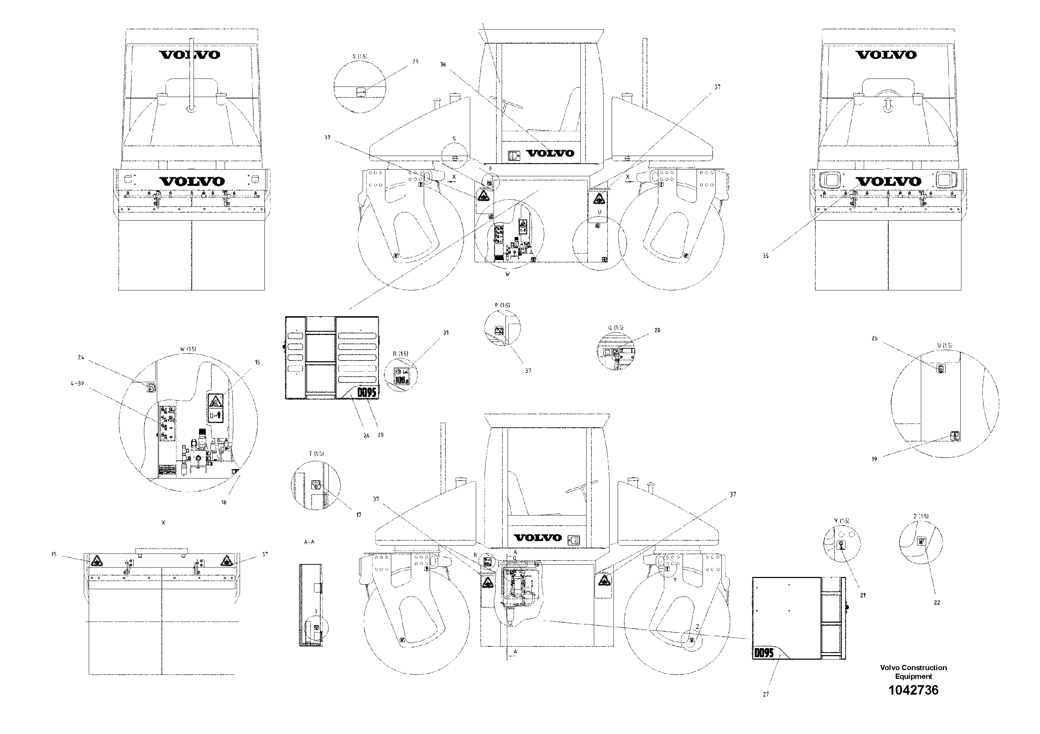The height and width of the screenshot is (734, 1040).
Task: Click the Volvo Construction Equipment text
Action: click(x=913, y=672)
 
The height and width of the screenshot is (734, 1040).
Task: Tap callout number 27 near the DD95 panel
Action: click(x=765, y=694)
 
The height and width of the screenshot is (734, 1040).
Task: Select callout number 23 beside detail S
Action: click(x=415, y=61)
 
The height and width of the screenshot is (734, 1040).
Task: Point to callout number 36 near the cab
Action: click(x=443, y=65)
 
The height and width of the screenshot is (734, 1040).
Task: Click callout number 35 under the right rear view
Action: click(x=765, y=256)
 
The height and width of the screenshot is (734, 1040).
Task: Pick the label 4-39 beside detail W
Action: click(x=77, y=383)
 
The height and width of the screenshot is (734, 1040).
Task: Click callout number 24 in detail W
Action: click(x=81, y=357)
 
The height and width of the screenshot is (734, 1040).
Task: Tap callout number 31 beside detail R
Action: click(x=446, y=333)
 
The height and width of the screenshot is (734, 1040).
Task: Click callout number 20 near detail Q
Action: click(x=657, y=330)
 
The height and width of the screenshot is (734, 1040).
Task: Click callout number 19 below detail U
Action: click(x=874, y=459)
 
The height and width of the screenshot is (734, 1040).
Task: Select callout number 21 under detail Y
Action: click(x=863, y=595)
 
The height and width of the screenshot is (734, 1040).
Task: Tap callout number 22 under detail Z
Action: click(x=937, y=602)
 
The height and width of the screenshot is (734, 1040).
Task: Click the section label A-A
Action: click(x=310, y=542)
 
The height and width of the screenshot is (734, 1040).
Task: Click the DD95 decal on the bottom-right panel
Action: click(x=764, y=653)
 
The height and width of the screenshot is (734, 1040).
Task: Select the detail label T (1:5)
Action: click(x=316, y=453)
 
